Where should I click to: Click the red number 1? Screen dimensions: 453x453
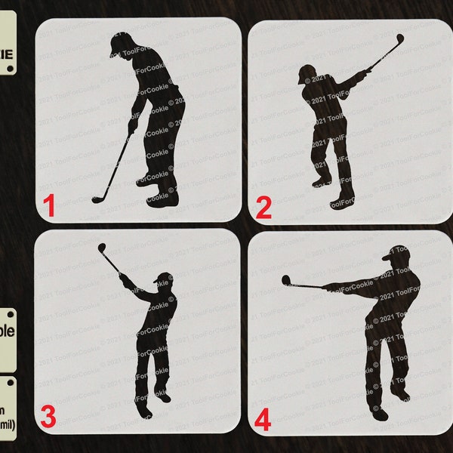(x=49, y=205)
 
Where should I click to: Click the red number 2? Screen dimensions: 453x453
(x=263, y=206)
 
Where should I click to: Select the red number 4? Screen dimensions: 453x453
(x=263, y=418)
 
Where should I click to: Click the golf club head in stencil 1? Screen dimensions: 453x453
(x=97, y=199)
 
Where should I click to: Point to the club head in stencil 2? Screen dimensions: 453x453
(x=399, y=38)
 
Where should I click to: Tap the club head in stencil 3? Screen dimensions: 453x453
(x=101, y=248)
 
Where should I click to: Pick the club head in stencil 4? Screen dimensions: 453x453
(x=286, y=281)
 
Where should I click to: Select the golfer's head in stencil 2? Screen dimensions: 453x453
(x=305, y=74)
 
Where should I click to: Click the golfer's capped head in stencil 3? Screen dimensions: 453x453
(x=163, y=279)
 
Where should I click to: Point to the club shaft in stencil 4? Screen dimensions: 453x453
(x=306, y=285)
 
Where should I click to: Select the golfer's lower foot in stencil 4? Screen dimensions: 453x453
(x=379, y=414)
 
